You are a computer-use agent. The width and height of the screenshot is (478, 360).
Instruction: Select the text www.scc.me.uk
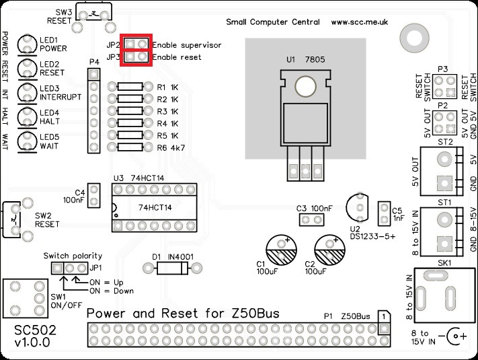(360, 22)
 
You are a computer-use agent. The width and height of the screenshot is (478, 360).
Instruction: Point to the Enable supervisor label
(186, 45)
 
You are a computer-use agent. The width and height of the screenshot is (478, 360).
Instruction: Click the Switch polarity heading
(73, 256)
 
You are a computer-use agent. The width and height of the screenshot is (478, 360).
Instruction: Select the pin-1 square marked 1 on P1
(383, 316)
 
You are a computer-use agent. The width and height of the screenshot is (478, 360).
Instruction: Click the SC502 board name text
(31, 332)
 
